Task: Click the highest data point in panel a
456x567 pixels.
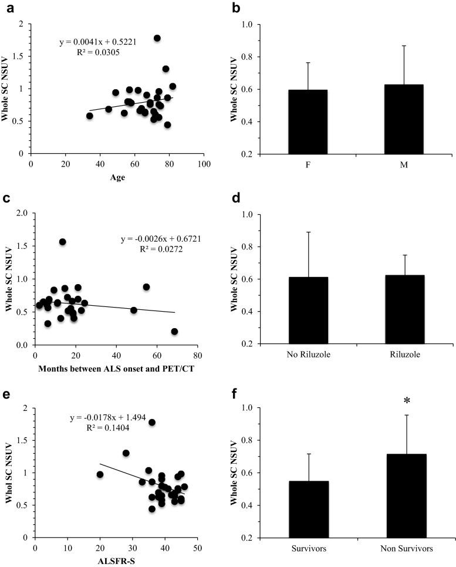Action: point(157,38)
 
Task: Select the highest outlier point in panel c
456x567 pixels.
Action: point(63,242)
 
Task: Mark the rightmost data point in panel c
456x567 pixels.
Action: point(174,332)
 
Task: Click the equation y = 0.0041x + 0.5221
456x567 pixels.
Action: point(98,42)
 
